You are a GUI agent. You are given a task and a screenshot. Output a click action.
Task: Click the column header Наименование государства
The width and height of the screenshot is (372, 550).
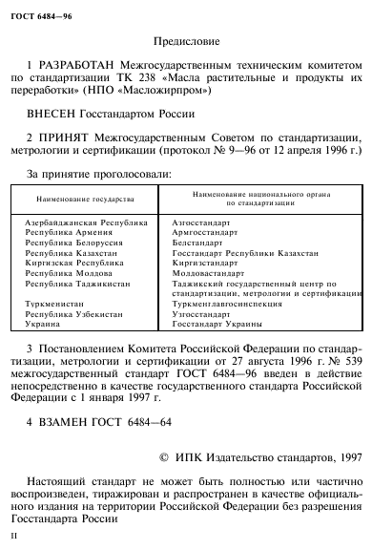(x=80, y=203)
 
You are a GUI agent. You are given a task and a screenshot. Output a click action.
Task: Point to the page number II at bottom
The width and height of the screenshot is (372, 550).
(x=11, y=538)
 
